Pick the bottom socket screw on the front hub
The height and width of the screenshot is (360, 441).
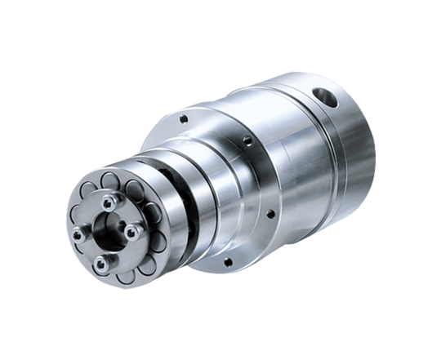(x=101, y=262)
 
